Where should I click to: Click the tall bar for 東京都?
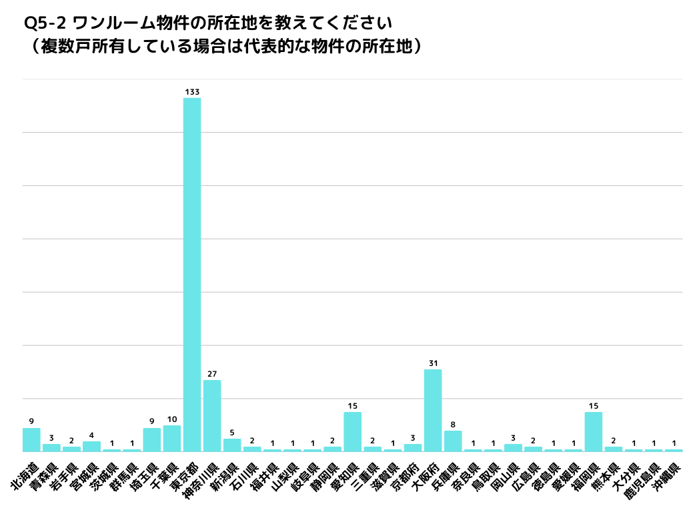click(x=192, y=273)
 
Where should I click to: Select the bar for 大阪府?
click(x=433, y=410)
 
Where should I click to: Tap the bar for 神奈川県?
click(x=212, y=415)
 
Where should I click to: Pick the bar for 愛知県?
click(x=352, y=431)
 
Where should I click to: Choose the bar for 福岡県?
click(x=593, y=431)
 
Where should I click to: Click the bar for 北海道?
click(x=31, y=439)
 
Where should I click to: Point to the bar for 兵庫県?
click(x=453, y=441)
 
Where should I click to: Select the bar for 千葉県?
click(x=172, y=438)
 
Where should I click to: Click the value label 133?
click(x=192, y=92)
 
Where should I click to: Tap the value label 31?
click(x=433, y=363)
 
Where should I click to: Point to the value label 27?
click(x=212, y=374)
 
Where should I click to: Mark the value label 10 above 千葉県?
click(x=172, y=419)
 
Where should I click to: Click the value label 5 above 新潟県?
click(x=232, y=433)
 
